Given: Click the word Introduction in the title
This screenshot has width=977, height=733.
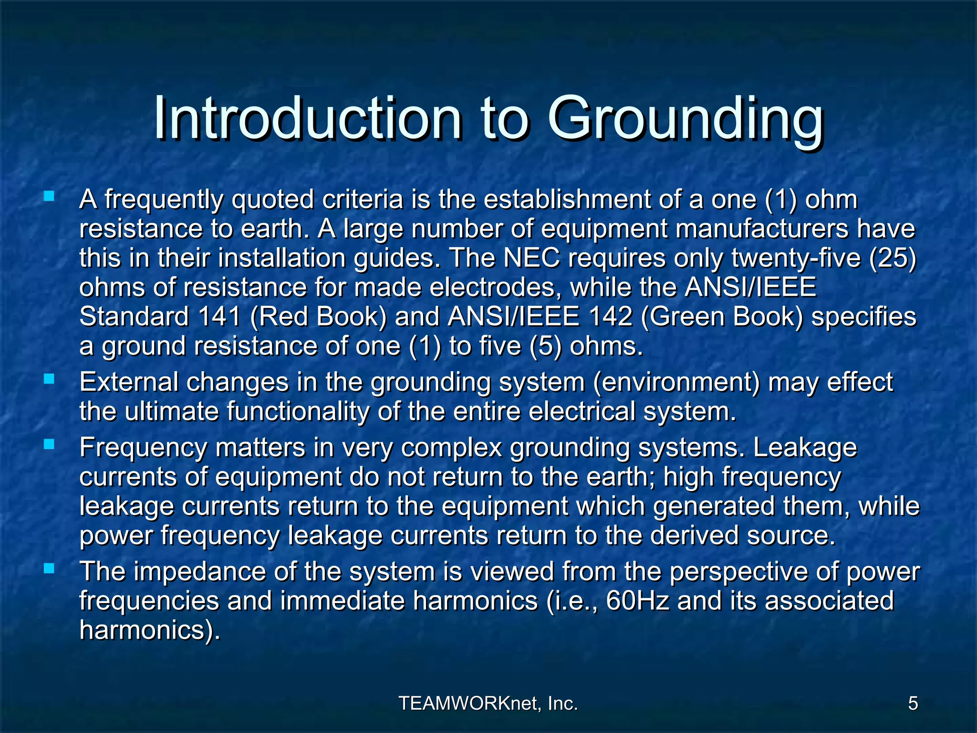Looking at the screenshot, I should coord(307,118).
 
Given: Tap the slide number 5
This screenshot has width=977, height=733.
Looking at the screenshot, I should coord(913,703).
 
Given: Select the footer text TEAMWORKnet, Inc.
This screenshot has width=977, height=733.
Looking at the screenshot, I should coord(488,703).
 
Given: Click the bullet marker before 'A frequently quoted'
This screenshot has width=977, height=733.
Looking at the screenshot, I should coord(49,196).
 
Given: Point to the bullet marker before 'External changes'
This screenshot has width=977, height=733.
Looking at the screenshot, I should coord(49,379).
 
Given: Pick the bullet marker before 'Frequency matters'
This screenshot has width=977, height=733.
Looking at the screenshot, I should coord(49,444).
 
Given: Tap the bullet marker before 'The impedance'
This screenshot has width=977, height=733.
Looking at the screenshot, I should coord(49,568).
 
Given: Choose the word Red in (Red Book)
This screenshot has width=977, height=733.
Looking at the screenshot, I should coord(283,317).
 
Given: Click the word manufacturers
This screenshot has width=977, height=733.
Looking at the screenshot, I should coord(762,229).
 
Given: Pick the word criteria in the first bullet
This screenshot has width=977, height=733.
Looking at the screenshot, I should coord(363,199).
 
